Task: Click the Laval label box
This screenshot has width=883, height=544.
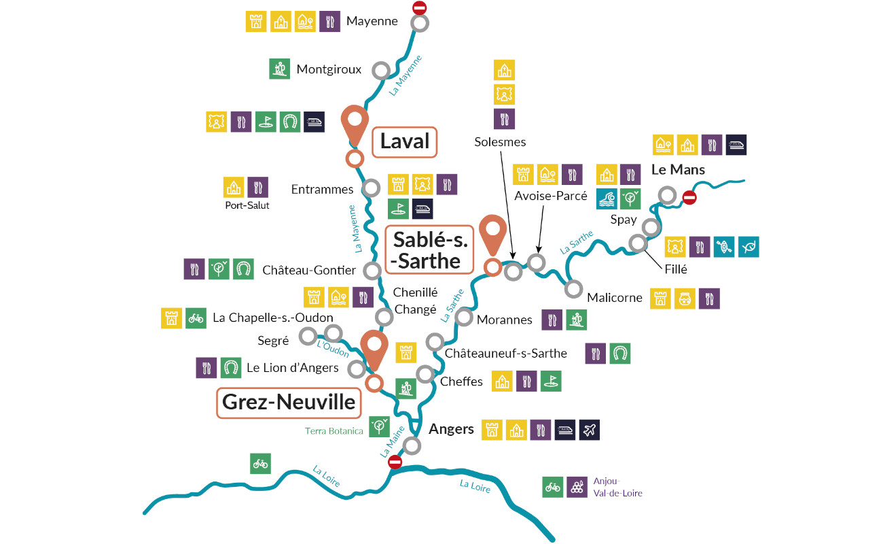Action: point(405,141)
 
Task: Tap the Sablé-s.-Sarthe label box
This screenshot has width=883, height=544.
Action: point(429,250)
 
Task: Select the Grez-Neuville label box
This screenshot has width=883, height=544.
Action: point(287,403)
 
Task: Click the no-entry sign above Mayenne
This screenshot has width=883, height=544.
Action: point(420,8)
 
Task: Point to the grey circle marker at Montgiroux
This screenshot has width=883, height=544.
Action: point(381,70)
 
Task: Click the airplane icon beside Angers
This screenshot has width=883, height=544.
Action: point(589,430)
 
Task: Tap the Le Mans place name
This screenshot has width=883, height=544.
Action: point(678,169)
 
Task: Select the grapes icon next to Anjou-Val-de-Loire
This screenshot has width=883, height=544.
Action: point(577,486)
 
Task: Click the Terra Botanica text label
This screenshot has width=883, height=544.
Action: point(334,431)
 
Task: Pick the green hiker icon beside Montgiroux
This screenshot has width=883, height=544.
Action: point(279,69)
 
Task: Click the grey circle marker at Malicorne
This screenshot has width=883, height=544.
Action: point(574,289)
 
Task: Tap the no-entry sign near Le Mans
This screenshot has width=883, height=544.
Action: point(689,198)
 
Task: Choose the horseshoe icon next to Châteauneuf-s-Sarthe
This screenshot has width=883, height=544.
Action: point(619,353)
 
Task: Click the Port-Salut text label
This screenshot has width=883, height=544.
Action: point(247,205)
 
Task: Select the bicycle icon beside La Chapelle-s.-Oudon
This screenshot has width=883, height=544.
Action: point(196,318)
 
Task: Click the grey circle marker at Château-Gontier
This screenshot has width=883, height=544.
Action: point(372,270)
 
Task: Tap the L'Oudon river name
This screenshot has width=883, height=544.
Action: point(332,348)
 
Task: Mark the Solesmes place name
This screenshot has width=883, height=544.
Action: point(500,142)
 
